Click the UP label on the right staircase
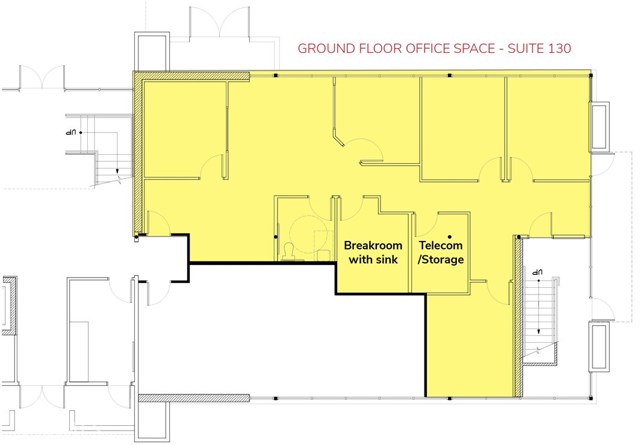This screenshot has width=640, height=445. [x=537, y=272]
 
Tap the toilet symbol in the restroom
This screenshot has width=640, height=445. [x=289, y=250]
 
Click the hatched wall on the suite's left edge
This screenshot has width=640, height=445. [x=137, y=150]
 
